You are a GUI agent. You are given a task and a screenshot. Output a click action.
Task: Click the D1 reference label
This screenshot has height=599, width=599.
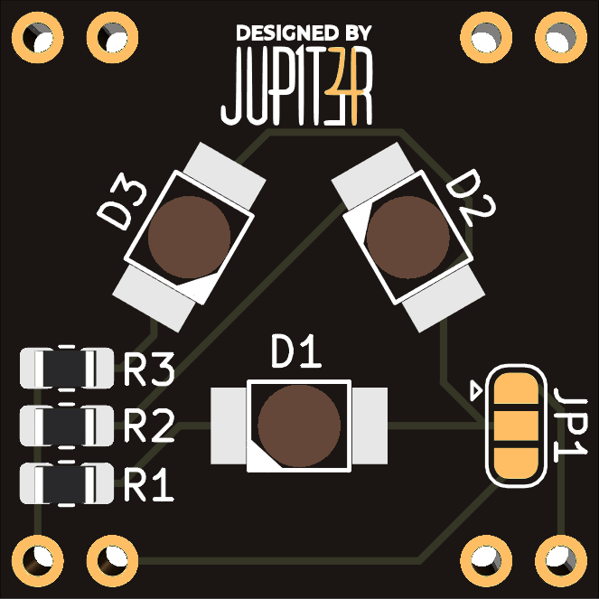(x=296, y=353)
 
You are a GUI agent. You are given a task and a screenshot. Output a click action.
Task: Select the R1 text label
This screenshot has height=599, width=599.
(x=149, y=486)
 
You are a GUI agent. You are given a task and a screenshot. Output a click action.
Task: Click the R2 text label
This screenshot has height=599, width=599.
(x=149, y=426)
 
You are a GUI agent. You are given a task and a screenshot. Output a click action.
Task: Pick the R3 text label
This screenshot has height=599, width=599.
(x=149, y=370)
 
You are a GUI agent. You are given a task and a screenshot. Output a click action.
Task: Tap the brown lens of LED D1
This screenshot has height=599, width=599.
(x=299, y=426)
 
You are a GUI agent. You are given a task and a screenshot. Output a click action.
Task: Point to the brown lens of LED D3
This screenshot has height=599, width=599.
(x=189, y=237)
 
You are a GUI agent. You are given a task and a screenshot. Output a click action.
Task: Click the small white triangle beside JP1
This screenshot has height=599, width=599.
(x=474, y=391)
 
